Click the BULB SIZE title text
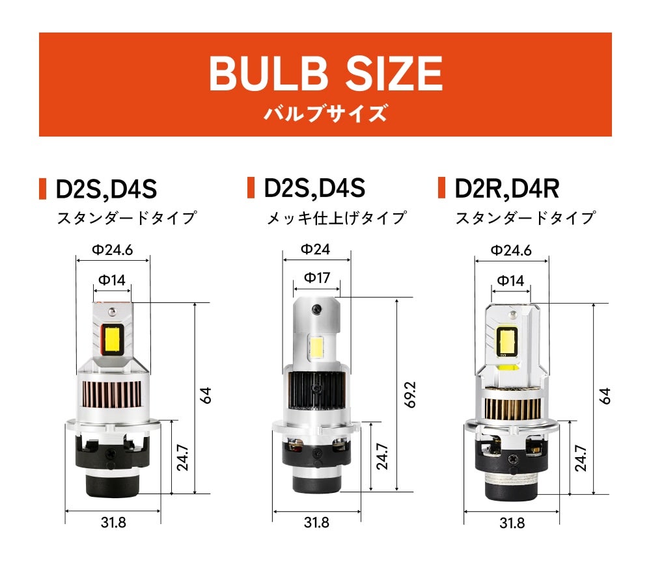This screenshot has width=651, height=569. (x=326, y=73)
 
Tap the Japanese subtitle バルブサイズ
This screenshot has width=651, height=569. (x=325, y=113)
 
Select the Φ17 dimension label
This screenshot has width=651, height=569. (x=317, y=278)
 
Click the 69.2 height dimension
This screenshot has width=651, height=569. (x=409, y=395)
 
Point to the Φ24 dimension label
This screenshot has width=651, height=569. (x=316, y=249)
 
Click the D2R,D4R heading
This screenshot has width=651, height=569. (x=507, y=189)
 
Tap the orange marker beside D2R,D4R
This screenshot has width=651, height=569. (x=442, y=188)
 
